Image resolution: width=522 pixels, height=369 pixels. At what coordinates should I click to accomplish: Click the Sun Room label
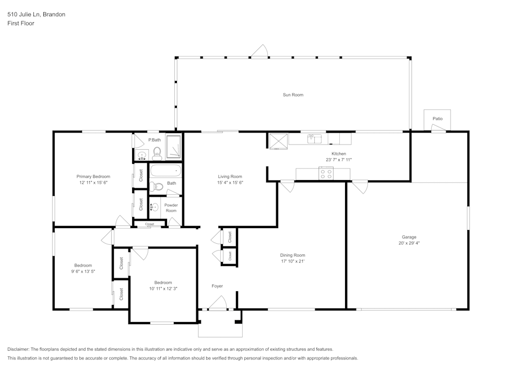[293, 95]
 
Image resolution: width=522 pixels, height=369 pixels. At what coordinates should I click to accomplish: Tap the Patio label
[437, 119]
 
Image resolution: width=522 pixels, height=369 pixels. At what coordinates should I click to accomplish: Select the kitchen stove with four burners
[326, 174]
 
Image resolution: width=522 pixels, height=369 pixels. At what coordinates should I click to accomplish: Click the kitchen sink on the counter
[314, 139]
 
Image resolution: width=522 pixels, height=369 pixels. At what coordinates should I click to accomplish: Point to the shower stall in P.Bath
[173, 147]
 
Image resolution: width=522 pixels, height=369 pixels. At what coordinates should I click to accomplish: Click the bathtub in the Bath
[165, 171]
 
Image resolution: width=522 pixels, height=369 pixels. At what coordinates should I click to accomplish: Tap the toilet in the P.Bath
[157, 153]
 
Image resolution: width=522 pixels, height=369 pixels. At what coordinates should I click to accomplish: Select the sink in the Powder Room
[155, 208]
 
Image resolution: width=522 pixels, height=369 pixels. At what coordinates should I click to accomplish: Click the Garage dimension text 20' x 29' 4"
[409, 243]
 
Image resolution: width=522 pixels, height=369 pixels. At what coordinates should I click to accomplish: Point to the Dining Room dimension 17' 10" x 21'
[292, 261]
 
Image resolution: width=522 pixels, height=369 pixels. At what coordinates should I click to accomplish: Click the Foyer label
[217, 286]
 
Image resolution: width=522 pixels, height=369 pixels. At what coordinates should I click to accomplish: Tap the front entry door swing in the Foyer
[218, 303]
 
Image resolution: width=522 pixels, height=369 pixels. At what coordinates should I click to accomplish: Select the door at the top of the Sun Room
[259, 51]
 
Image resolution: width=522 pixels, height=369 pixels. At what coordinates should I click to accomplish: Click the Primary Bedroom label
[93, 177]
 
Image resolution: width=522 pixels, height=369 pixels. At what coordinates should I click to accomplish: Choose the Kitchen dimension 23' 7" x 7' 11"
[339, 160]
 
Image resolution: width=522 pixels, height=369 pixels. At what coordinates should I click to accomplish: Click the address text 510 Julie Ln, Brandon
[37, 14]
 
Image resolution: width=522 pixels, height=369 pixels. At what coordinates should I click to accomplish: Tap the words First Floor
[21, 23]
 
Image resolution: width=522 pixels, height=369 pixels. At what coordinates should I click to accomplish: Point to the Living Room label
[230, 177]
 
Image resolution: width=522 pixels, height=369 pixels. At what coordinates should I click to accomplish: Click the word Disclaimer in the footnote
[18, 349]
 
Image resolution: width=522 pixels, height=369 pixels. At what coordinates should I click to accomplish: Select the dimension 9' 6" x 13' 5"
[83, 271]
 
